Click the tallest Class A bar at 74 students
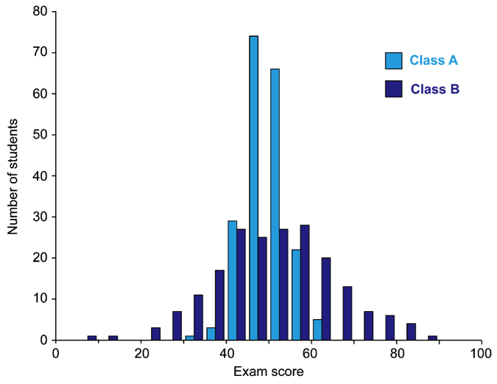pyautogui.click(x=253, y=188)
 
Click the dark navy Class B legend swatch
pyautogui.click(x=394, y=88)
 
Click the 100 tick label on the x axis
pyautogui.click(x=482, y=355)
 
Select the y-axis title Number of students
pyautogui.click(x=13, y=175)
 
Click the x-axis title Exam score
pyautogui.click(x=268, y=372)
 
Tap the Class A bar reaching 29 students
pyautogui.click(x=232, y=280)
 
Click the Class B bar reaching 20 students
pyautogui.click(x=326, y=299)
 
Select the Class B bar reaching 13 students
pyautogui.click(x=348, y=313)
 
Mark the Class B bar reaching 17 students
pyautogui.click(x=219, y=305)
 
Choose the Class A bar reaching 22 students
pyautogui.click(x=296, y=295)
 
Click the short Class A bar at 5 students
pyautogui.click(x=317, y=329)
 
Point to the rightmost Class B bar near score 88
pyautogui.click(x=433, y=338)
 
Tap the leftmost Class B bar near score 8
pyautogui.click(x=92, y=338)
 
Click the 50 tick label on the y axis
pyautogui.click(x=43, y=135)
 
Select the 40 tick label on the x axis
pyautogui.click(x=226, y=355)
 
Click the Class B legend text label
pyautogui.click(x=435, y=88)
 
